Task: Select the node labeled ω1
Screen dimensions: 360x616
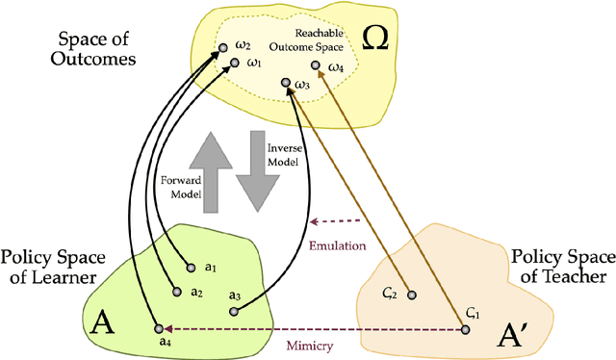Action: pyautogui.click(x=234, y=64)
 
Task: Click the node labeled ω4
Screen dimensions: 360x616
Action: pyautogui.click(x=316, y=67)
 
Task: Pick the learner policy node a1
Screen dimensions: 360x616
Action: pyautogui.click(x=187, y=267)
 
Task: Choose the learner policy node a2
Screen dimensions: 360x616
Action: pyautogui.click(x=175, y=290)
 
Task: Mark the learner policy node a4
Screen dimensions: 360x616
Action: pyautogui.click(x=152, y=328)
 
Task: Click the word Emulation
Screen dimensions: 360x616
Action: pyautogui.click(x=337, y=246)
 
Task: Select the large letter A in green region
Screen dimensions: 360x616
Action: pyautogui.click(x=101, y=323)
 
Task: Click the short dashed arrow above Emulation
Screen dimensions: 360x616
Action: pyautogui.click(x=337, y=217)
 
